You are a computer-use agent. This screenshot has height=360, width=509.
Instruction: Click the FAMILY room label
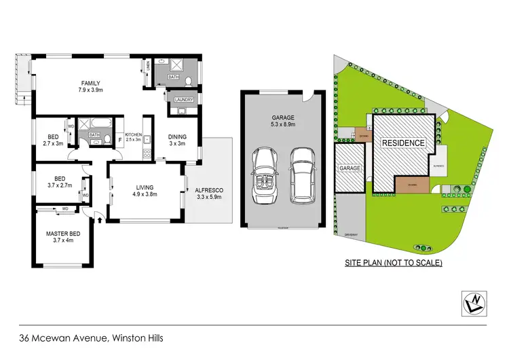[90, 82]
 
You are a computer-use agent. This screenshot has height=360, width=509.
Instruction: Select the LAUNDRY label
[184, 101]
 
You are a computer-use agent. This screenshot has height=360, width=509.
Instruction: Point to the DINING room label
[177, 137]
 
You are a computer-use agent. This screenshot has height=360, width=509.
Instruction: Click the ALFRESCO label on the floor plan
[208, 191]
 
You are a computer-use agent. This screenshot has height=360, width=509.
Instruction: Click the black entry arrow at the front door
[100, 219]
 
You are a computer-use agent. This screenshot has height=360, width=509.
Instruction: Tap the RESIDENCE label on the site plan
[403, 143]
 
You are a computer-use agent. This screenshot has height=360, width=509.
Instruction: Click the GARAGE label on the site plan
[350, 168]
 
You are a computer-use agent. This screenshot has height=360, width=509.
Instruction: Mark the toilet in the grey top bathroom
[190, 80]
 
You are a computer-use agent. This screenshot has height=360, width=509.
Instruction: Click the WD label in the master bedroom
[65, 209]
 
